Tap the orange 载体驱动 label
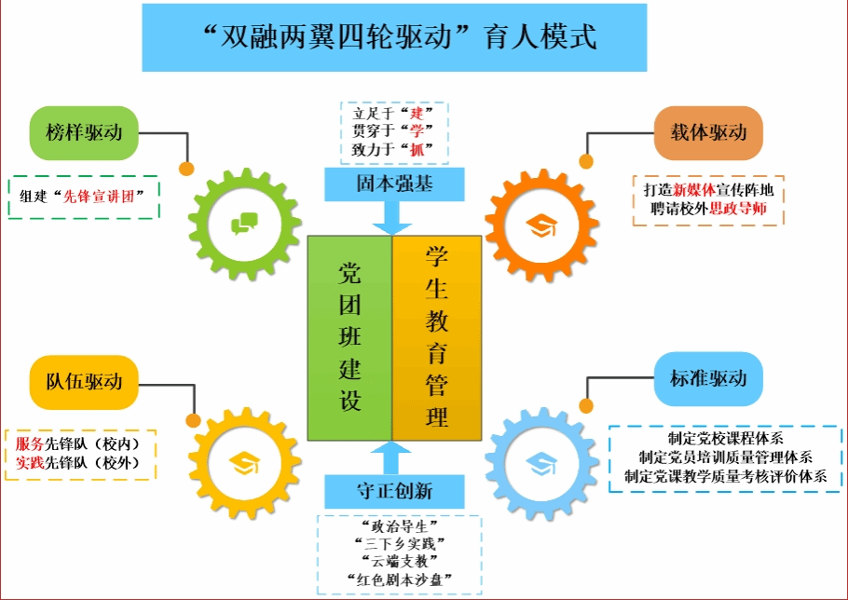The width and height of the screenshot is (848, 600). pyautogui.click(x=708, y=132)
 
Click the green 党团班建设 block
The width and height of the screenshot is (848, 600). pyautogui.click(x=349, y=337)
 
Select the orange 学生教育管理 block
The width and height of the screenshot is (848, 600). pyautogui.click(x=437, y=337)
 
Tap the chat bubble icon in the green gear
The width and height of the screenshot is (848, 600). pyautogui.click(x=245, y=223)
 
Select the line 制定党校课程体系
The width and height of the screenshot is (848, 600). pyautogui.click(x=725, y=438)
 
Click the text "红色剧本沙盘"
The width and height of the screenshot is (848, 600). pyautogui.click(x=399, y=580)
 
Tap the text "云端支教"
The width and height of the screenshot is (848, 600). pyautogui.click(x=399, y=560)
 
